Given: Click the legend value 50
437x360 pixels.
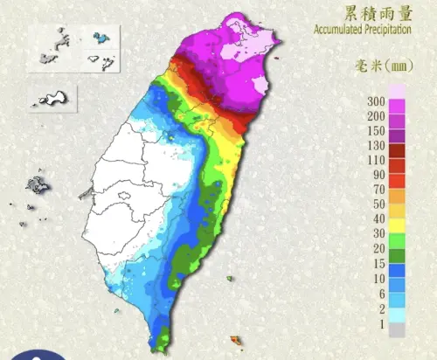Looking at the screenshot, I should [x=378, y=204].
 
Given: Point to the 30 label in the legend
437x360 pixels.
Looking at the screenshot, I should [x=378, y=232].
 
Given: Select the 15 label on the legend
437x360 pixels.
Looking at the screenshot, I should [x=378, y=261].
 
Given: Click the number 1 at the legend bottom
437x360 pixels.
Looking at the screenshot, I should [x=381, y=325].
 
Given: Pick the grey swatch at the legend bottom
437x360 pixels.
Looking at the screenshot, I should [x=398, y=330].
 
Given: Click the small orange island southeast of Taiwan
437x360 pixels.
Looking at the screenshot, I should [x=234, y=338].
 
